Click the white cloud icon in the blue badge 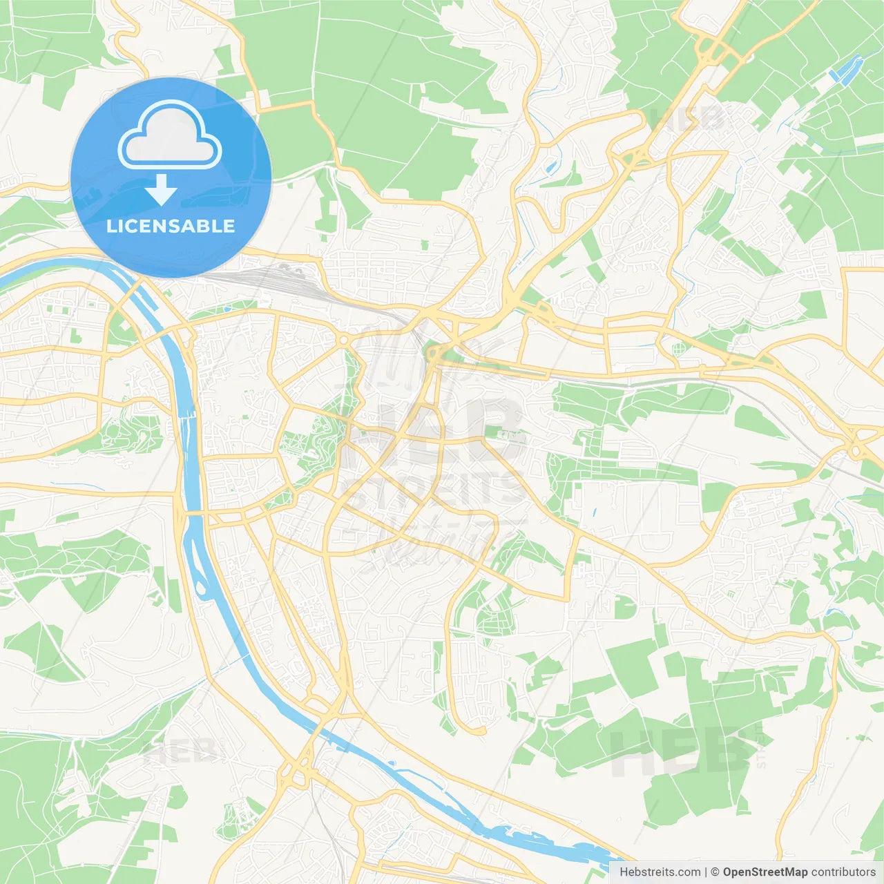(170, 135)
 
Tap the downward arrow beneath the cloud (161, 190)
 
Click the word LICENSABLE (171, 226)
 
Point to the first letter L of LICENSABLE (110, 226)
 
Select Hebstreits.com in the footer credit (660, 872)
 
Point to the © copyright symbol (715, 872)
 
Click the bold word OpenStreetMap (765, 872)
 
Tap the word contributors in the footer (843, 872)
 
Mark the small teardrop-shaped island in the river (201, 588)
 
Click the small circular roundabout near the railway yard (343, 340)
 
